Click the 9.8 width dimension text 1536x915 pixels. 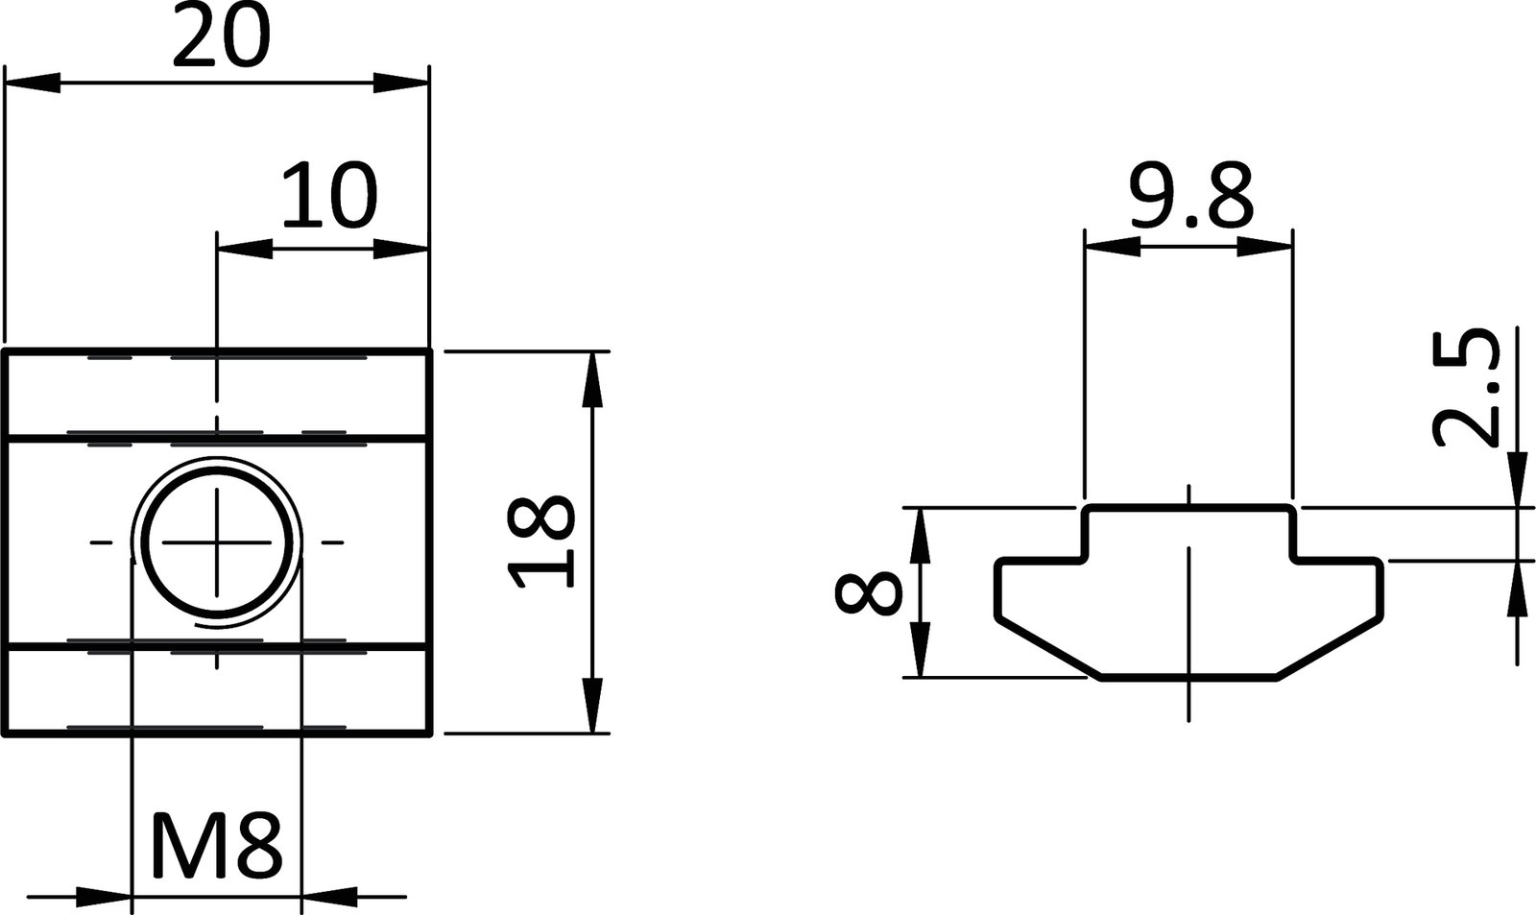(1190, 195)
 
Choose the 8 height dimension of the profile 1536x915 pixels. (869, 593)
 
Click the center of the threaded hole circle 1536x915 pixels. (218, 543)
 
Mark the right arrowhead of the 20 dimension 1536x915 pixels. (401, 84)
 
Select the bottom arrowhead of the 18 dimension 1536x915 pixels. (594, 706)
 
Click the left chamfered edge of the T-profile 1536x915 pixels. (1046, 645)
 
